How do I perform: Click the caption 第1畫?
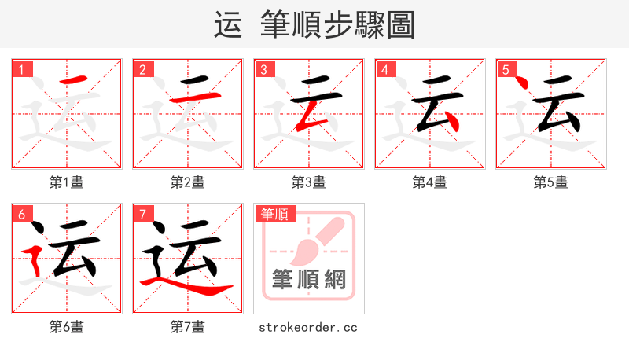tap(67, 182)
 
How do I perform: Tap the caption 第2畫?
tap(188, 182)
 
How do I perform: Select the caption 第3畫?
tap(309, 182)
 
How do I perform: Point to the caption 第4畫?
tap(430, 182)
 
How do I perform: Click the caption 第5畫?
tap(551, 182)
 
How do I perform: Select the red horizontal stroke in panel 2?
tap(193, 98)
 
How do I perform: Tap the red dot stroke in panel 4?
tap(451, 123)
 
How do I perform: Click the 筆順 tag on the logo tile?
tap(274, 214)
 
